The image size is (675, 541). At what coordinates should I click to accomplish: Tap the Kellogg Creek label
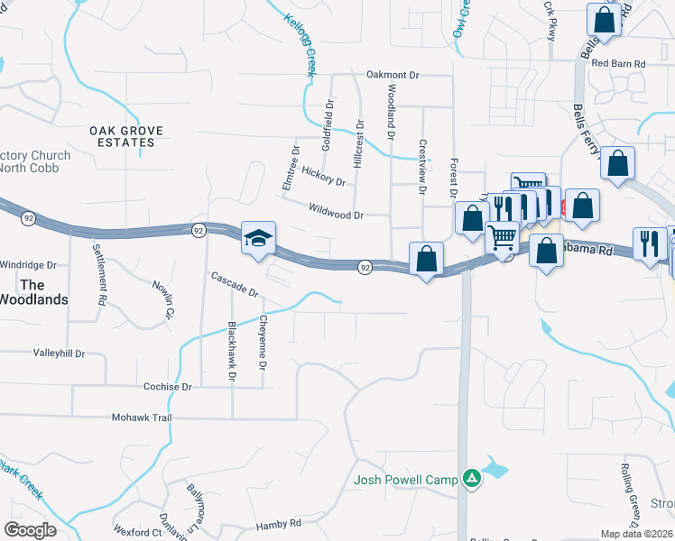301,44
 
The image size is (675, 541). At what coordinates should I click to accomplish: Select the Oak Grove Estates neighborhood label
126,136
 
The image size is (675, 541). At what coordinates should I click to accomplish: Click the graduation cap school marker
258,239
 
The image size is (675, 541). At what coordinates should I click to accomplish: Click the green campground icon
471,479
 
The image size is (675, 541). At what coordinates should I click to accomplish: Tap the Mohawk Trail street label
141,418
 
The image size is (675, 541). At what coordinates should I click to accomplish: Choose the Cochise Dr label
168,387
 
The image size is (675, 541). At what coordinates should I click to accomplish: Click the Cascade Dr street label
235,286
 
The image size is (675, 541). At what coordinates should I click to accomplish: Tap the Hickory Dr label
324,175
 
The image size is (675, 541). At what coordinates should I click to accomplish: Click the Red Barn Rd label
614,64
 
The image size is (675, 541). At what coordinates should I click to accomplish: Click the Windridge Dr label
28,266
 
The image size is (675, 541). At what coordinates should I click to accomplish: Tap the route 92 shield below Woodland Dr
365,267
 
